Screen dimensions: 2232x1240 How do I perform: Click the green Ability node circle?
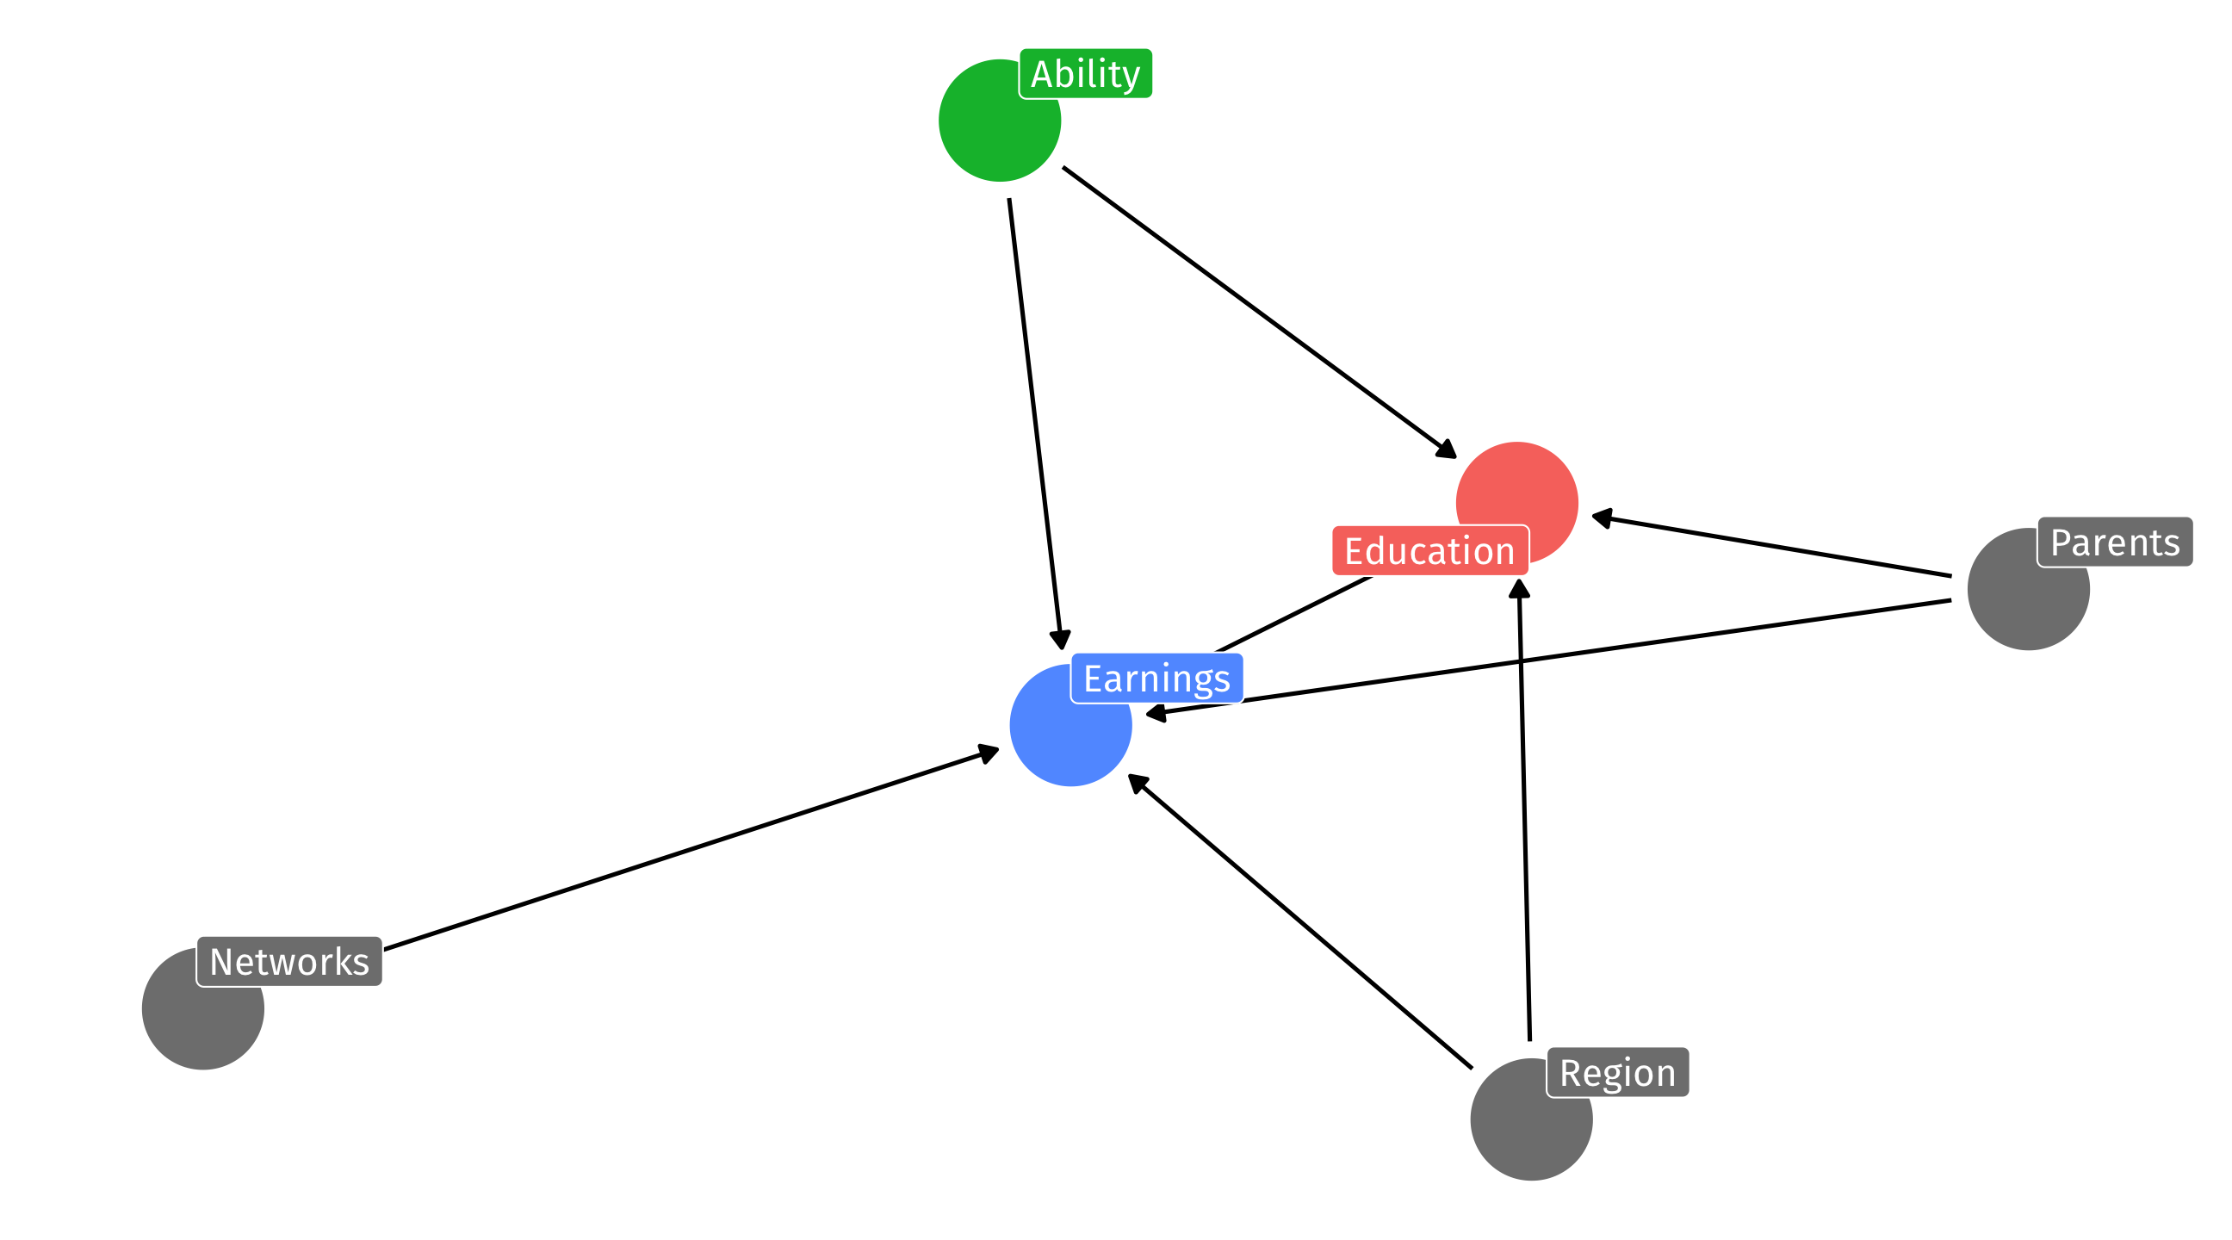pyautogui.click(x=999, y=121)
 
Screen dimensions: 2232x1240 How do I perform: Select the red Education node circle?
pyautogui.click(x=1516, y=503)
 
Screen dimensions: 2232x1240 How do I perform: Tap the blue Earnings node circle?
pyautogui.click(x=1071, y=725)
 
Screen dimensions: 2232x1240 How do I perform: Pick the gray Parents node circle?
pyautogui.click(x=2029, y=589)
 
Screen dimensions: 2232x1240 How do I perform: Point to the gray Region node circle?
pyautogui.click(x=1531, y=1119)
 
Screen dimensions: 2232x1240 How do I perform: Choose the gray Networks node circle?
pyautogui.click(x=202, y=1008)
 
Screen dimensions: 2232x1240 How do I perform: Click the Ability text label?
pyautogui.click(x=1085, y=74)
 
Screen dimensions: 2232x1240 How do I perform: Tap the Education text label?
pyautogui.click(x=1429, y=551)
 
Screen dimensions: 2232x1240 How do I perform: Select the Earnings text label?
pyautogui.click(x=1156, y=679)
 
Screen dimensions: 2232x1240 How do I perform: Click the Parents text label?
pyautogui.click(x=2115, y=542)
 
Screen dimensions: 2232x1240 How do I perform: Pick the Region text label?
pyautogui.click(x=1618, y=1073)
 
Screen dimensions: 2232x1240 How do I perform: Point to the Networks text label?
pyautogui.click(x=289, y=962)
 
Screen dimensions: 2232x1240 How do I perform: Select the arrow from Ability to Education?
pyautogui.click(x=1260, y=313)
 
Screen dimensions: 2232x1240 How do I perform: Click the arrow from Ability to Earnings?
pyautogui.click(x=1035, y=424)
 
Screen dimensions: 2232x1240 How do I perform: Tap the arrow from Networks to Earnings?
pyautogui.click(x=691, y=848)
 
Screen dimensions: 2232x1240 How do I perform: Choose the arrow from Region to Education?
pyautogui.click(x=1524, y=809)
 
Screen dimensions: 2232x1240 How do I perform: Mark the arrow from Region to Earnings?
pyautogui.click(x=1299, y=921)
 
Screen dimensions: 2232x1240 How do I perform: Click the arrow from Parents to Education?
pyautogui.click(x=1771, y=546)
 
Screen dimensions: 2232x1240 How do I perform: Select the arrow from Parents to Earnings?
pyautogui.click(x=1548, y=659)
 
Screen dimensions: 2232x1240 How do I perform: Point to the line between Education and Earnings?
pyautogui.click(x=1294, y=613)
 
